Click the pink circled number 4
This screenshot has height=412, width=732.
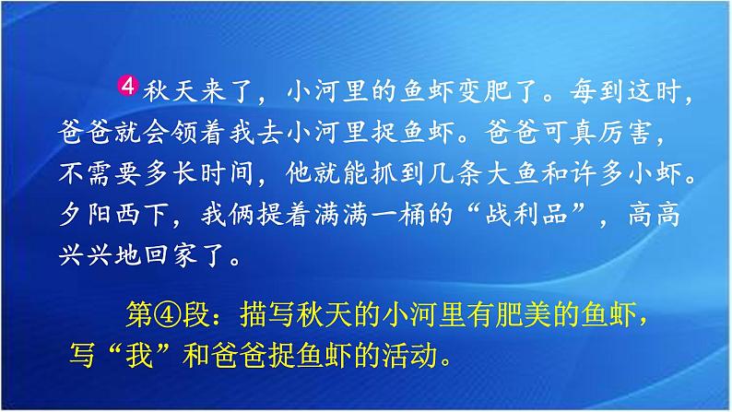(127, 86)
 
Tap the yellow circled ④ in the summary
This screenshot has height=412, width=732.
(167, 315)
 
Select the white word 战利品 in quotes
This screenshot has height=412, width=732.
(526, 215)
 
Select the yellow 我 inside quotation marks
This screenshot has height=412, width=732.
(139, 356)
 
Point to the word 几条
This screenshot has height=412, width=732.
(455, 173)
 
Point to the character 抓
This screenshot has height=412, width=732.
(384, 173)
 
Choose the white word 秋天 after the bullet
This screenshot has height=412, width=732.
(171, 91)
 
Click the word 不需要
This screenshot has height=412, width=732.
(100, 173)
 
